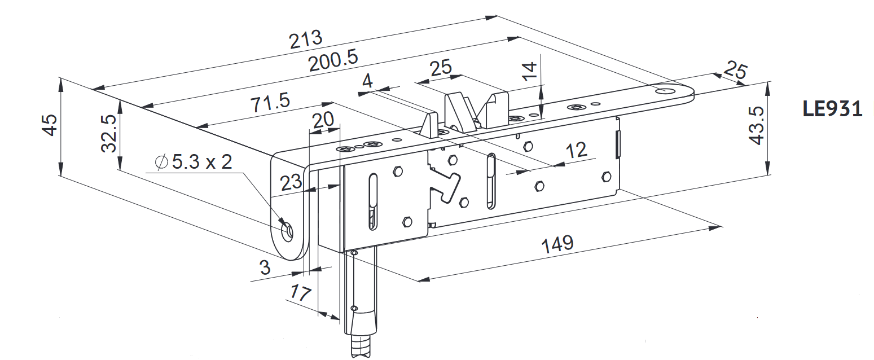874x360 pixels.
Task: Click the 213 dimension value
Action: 306,39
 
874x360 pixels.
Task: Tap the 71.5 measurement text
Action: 270,103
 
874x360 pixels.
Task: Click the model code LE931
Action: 832,109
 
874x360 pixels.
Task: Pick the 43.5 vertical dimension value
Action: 757,126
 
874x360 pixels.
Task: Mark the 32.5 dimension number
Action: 109,133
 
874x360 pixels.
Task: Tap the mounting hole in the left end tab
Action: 287,231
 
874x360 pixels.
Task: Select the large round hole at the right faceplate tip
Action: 665,90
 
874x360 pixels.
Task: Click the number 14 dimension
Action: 529,71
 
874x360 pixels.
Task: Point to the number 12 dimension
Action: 576,150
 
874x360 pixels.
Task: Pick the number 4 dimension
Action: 367,81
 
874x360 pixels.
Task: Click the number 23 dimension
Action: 291,182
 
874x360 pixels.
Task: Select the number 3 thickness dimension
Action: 265,267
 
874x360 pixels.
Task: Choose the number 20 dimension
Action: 323,120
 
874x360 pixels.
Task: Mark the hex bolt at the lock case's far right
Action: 607,176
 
